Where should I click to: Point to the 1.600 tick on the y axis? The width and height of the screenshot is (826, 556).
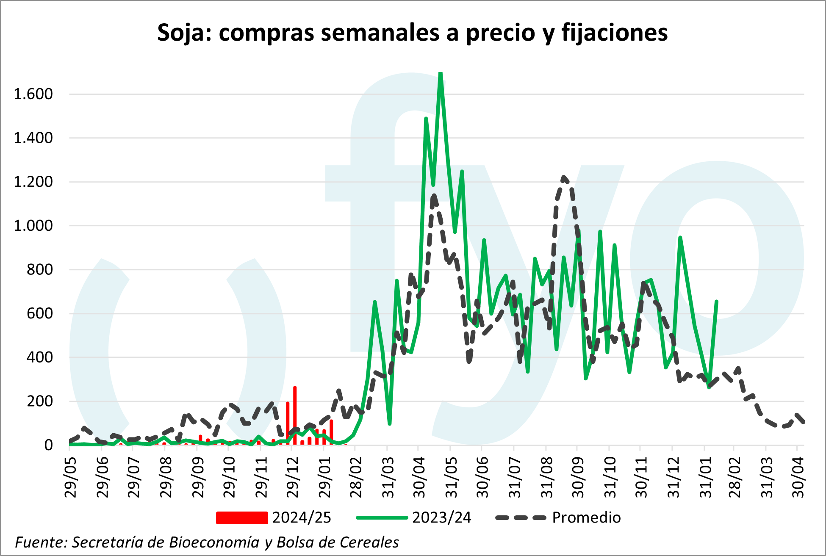click(x=33, y=94)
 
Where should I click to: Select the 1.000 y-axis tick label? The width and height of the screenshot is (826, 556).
click(x=33, y=226)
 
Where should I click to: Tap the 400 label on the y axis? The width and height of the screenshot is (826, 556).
click(x=40, y=357)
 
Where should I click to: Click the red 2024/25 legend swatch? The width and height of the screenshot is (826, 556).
click(x=242, y=518)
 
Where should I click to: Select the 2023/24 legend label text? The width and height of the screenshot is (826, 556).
click(x=442, y=518)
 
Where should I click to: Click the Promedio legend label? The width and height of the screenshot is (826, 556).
click(x=586, y=518)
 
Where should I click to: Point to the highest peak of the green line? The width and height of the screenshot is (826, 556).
click(x=441, y=74)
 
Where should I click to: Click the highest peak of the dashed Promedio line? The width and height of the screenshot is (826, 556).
click(x=564, y=178)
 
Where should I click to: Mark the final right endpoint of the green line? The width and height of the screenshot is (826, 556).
click(x=716, y=302)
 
